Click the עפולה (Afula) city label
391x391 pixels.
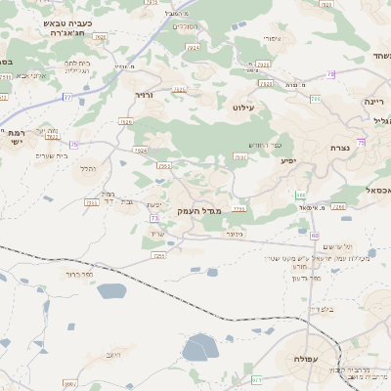point(299,359)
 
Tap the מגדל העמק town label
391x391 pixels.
point(201,210)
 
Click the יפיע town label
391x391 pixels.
point(288,159)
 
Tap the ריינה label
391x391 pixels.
point(376,101)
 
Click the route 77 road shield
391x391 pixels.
point(66,97)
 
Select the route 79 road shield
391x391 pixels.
point(330,74)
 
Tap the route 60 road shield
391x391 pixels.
point(315,236)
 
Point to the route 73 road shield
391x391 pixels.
point(154,218)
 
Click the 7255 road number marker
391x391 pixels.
point(158,255)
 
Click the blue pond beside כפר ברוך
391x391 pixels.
point(111,290)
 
